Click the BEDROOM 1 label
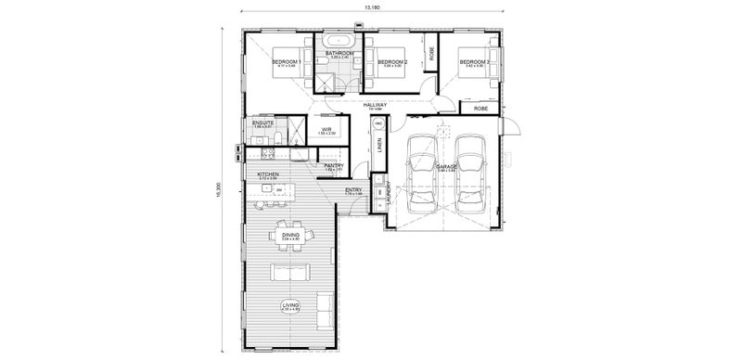point(286,61)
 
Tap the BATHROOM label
point(339,54)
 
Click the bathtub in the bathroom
point(339,42)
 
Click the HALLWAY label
point(374,105)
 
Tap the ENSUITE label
point(263,122)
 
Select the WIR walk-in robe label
point(326,129)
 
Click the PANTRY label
point(334,165)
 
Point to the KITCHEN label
point(268,174)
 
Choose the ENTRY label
point(353,190)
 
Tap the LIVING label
point(290,303)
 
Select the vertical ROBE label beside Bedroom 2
point(431,54)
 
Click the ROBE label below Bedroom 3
point(480,109)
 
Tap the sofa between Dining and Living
point(288,272)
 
